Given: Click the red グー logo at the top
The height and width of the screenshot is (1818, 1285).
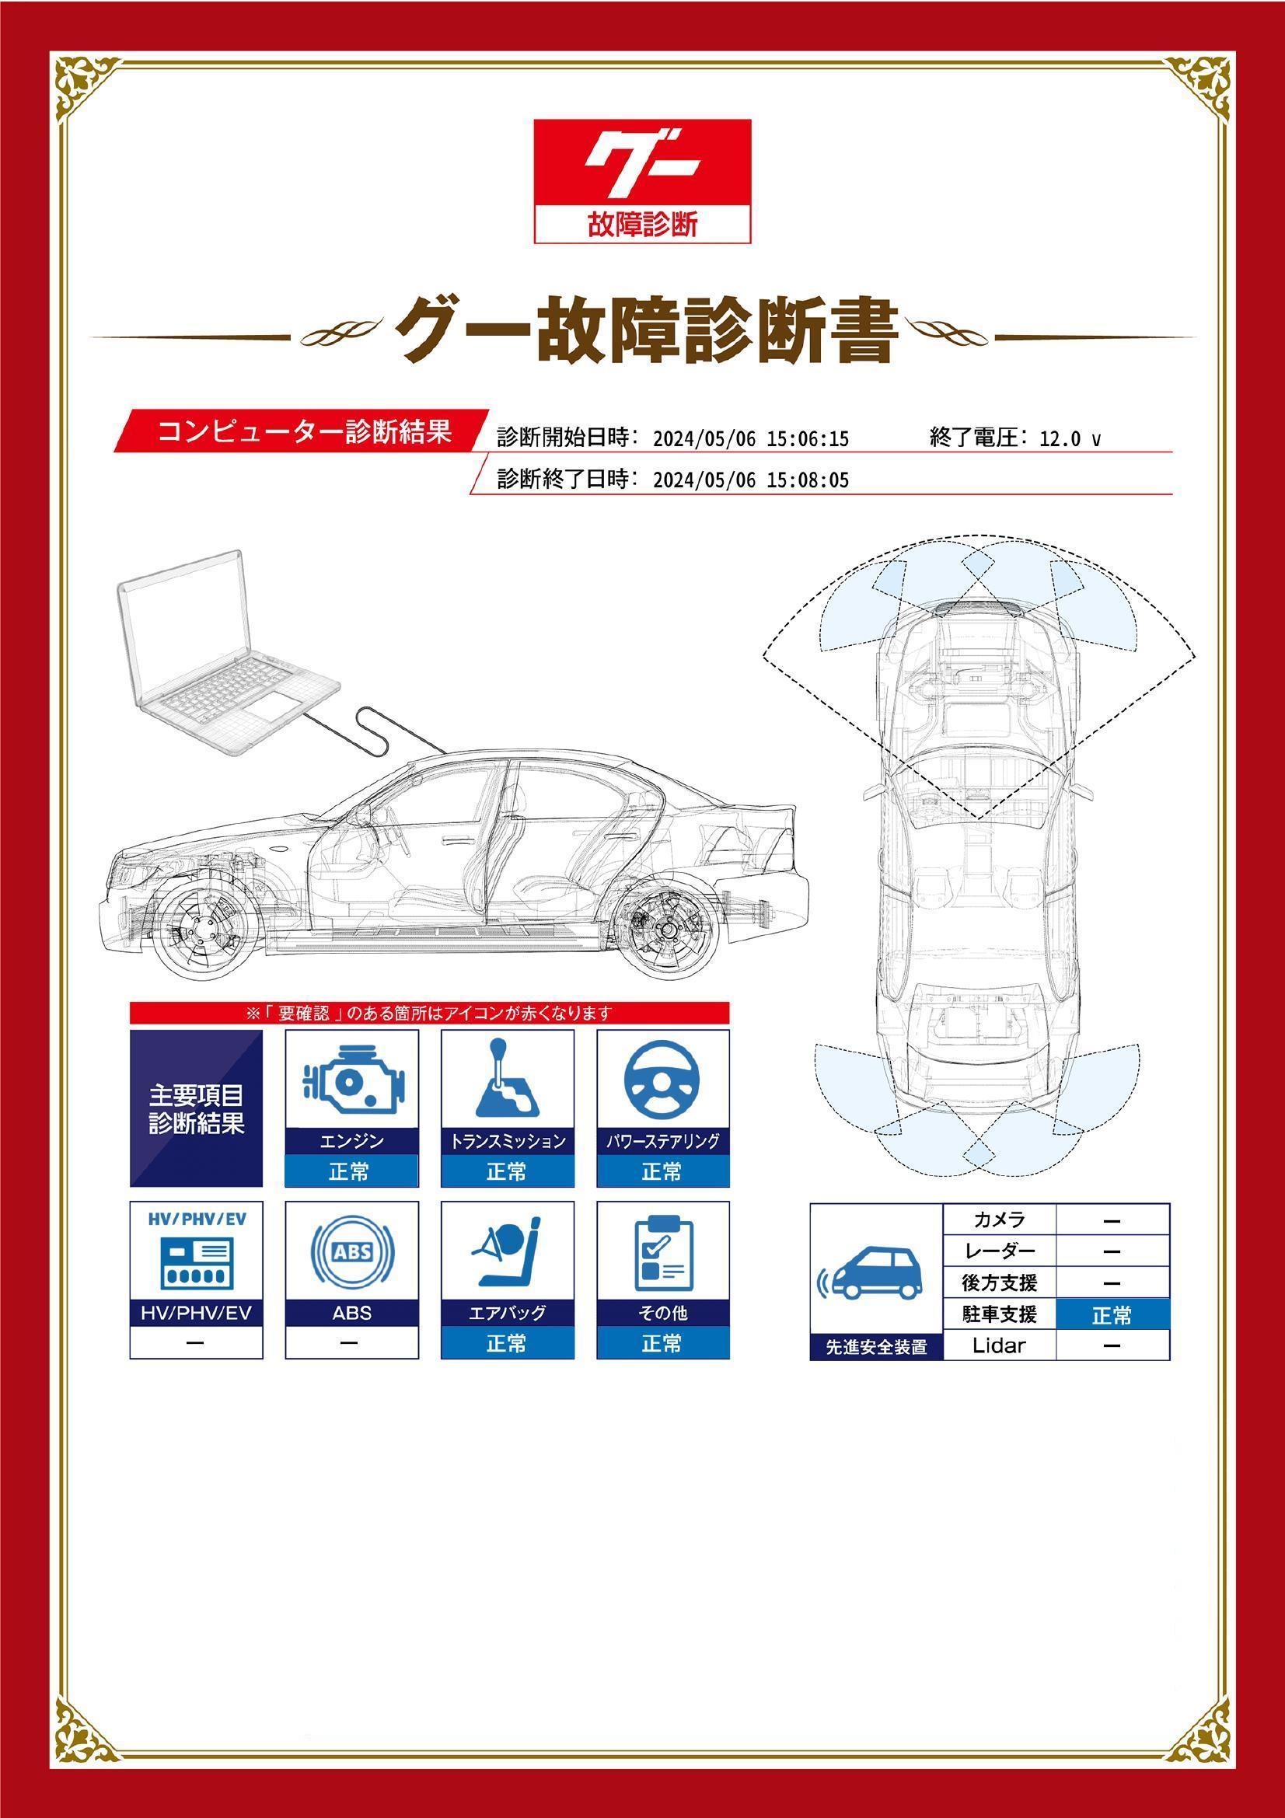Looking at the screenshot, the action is pyautogui.click(x=642, y=180).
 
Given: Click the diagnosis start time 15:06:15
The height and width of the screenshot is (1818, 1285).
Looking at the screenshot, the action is pyautogui.click(x=808, y=439).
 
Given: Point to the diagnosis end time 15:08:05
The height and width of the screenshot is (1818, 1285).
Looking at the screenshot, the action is pyautogui.click(x=808, y=480).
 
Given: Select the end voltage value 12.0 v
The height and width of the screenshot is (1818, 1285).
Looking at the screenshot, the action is pyautogui.click(x=1070, y=439).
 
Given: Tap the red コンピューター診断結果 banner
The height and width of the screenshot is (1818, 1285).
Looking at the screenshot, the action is pyautogui.click(x=305, y=431).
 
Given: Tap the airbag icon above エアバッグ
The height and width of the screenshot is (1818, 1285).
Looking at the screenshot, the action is pyautogui.click(x=507, y=1253).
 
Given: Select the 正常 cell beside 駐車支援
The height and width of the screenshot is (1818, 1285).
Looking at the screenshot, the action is pyautogui.click(x=1112, y=1315).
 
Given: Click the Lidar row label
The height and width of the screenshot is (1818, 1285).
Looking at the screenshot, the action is pyautogui.click(x=999, y=1345).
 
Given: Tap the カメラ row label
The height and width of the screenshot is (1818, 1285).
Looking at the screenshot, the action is pyautogui.click(x=999, y=1220).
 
